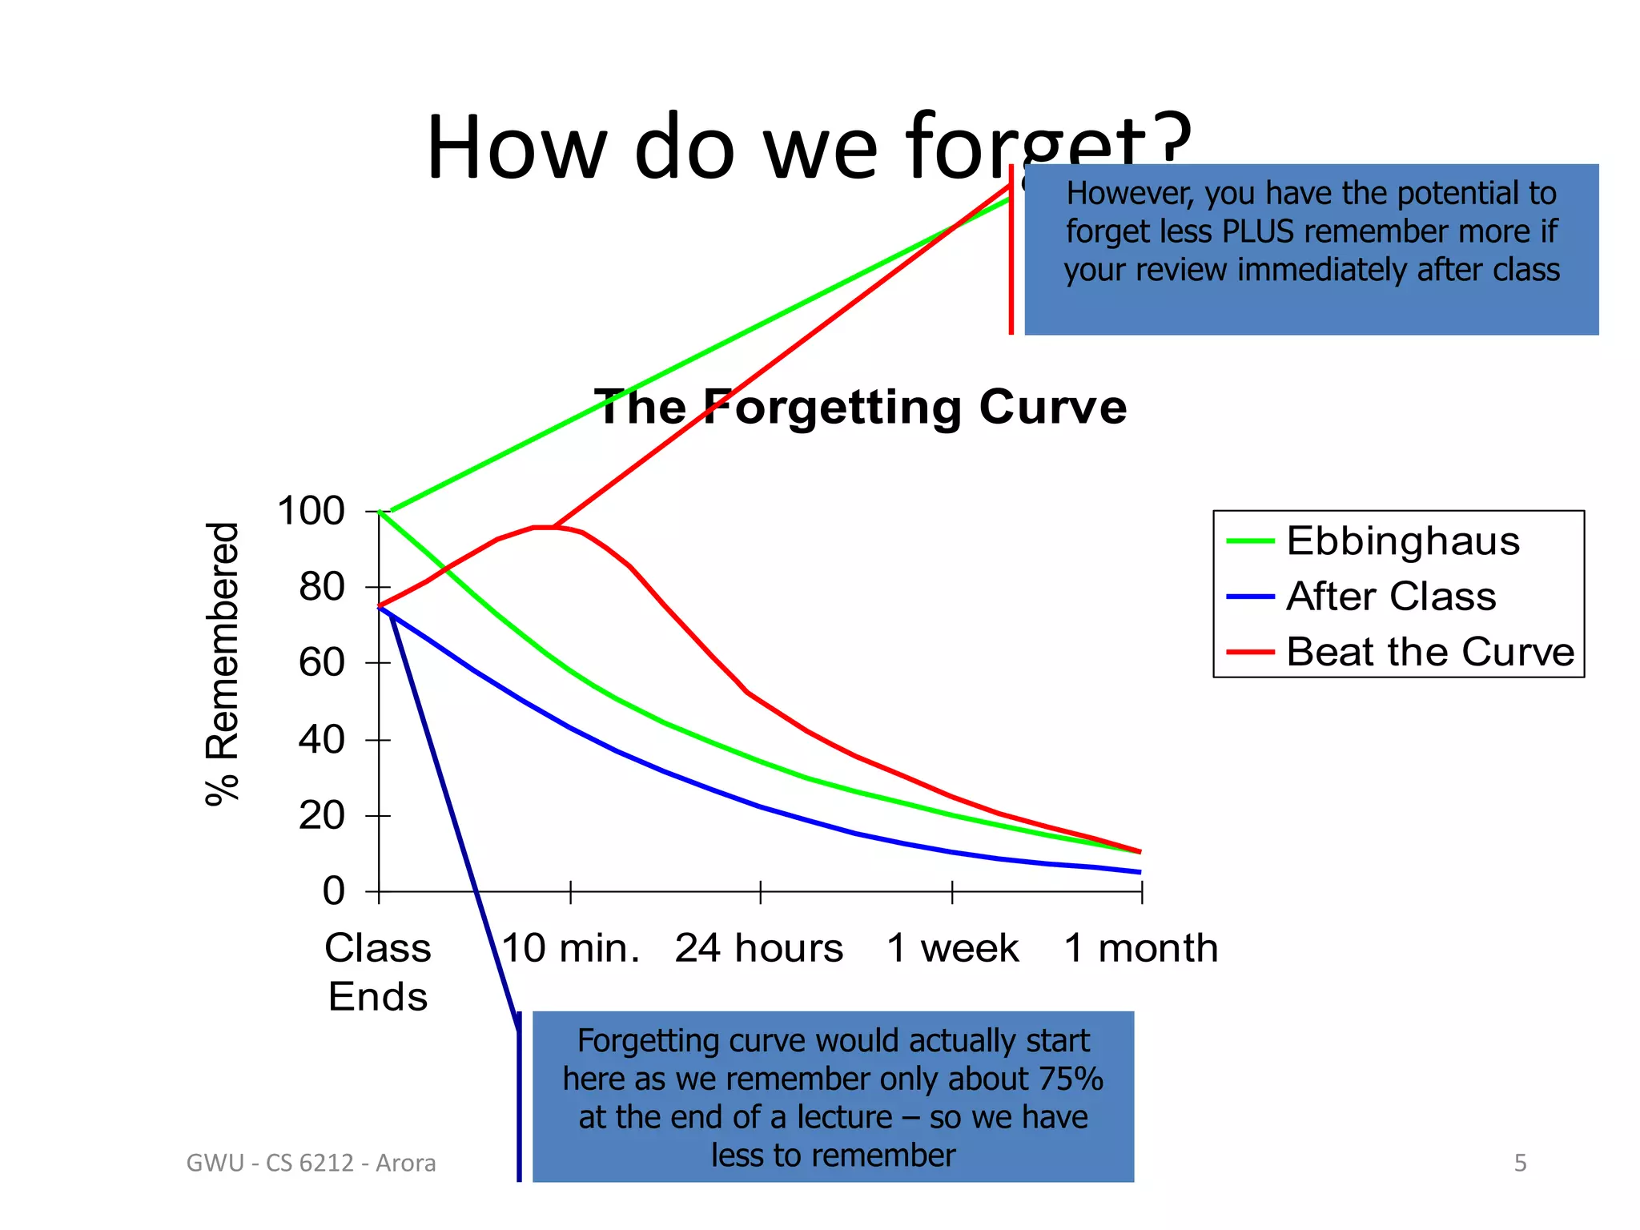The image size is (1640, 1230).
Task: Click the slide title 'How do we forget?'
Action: click(x=809, y=148)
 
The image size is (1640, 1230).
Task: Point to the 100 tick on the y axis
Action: click(x=311, y=511)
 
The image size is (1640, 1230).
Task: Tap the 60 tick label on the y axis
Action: click(x=321, y=663)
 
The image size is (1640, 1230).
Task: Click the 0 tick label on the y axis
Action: click(x=333, y=890)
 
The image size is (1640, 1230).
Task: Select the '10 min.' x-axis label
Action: click(x=570, y=948)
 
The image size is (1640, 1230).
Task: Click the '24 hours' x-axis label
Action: click(x=759, y=948)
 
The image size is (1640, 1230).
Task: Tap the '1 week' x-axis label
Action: click(x=952, y=948)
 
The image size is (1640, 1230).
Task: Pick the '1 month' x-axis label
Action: click(x=1141, y=948)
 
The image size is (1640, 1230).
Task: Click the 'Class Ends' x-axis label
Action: click(x=378, y=972)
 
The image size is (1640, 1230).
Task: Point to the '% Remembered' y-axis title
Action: click(x=222, y=663)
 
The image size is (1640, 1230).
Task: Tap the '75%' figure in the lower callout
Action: click(x=1071, y=1079)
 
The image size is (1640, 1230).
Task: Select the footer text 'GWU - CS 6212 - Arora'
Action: click(x=311, y=1163)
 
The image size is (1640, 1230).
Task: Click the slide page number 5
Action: click(x=1520, y=1163)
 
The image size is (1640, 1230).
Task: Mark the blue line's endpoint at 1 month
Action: click(x=1140, y=872)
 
